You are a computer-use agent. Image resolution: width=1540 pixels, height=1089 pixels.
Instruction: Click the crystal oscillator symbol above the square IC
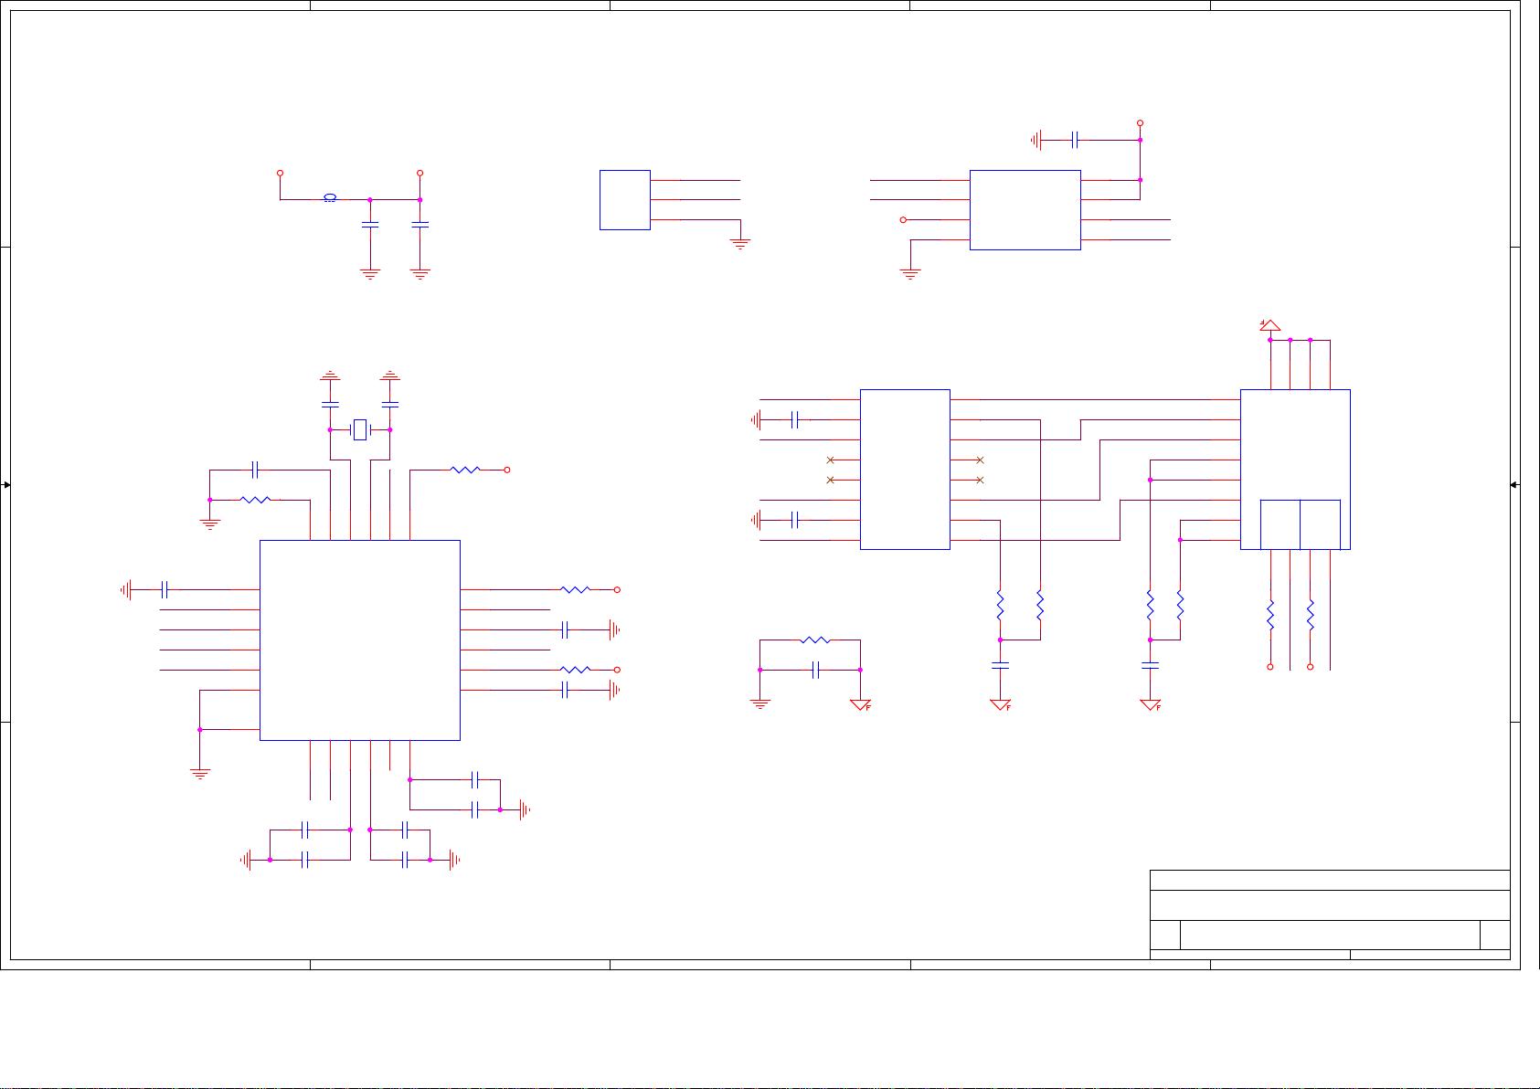point(360,429)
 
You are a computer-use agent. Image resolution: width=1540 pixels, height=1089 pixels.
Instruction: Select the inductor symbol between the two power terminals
point(330,198)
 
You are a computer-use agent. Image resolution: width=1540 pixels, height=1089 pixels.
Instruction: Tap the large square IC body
point(359,640)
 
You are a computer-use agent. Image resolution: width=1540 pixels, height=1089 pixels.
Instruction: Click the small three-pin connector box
point(624,199)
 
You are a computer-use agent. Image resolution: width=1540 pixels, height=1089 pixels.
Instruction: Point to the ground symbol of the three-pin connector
point(740,244)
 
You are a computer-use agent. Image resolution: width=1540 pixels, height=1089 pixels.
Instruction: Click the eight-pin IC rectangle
point(1025,209)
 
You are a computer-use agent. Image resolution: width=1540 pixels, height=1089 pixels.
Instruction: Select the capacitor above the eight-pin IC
point(1075,140)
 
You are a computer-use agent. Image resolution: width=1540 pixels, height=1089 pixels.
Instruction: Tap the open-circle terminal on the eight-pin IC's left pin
point(904,219)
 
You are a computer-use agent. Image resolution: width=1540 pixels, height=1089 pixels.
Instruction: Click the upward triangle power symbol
point(1269,325)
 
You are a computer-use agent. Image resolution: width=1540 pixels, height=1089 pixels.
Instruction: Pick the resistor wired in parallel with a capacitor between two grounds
point(814,640)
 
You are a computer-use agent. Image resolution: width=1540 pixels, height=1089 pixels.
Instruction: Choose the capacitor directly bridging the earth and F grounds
point(816,670)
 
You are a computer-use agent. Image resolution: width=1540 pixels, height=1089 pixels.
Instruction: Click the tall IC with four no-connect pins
point(905,470)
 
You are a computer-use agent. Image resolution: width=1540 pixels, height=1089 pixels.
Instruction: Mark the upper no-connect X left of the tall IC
point(830,460)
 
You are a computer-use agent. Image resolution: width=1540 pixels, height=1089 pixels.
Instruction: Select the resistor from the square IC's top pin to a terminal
point(465,470)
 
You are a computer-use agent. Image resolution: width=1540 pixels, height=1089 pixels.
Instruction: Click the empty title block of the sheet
point(1329,914)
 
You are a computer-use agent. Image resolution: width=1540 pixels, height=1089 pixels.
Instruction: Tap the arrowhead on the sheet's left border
point(6,484)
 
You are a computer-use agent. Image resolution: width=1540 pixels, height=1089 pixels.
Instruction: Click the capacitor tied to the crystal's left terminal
point(330,403)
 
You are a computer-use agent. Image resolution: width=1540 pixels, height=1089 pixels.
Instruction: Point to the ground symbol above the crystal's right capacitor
point(390,375)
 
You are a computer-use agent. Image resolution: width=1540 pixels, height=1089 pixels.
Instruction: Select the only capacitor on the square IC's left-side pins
point(165,590)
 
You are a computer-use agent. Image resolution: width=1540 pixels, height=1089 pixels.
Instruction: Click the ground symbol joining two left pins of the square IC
point(200,773)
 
